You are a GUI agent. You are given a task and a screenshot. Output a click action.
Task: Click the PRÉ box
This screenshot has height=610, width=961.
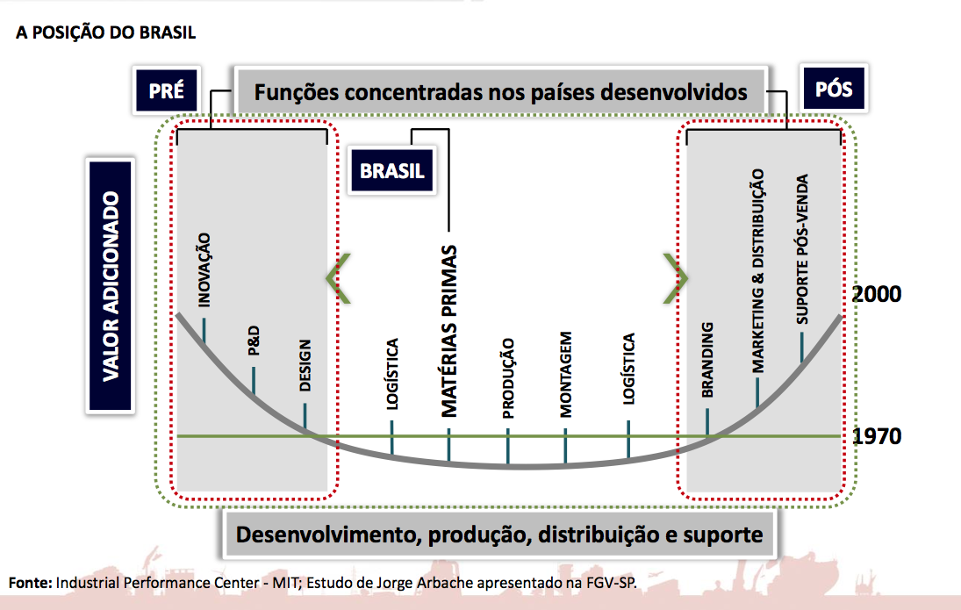166,90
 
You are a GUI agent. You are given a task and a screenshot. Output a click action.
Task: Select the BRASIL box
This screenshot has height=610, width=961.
391,170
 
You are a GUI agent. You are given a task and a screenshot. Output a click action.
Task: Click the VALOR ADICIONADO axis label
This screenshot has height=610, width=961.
111,285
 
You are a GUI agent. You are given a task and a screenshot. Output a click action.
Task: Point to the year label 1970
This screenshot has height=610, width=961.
877,436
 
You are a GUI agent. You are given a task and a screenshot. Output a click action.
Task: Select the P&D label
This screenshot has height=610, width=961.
254,341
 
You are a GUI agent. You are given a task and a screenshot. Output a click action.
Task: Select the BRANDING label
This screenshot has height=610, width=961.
708,361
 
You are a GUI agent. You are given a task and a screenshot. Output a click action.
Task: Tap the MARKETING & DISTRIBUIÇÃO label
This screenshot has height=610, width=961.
757,270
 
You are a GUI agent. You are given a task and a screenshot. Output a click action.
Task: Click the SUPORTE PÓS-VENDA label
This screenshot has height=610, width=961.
801,250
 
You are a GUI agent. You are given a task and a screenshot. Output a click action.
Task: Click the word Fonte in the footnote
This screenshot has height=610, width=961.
30,582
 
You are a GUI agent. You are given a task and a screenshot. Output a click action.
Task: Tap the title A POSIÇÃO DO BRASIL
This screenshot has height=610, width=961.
105,33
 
